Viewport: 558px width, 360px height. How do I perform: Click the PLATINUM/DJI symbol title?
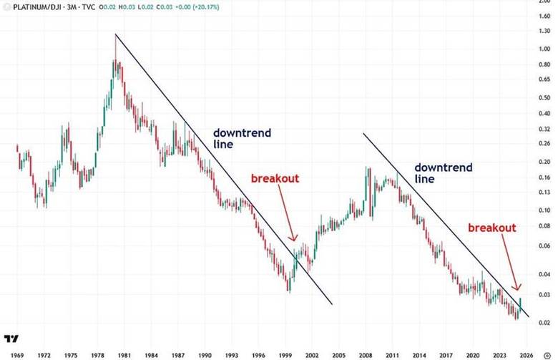44,6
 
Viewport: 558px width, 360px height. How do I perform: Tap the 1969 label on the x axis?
17,354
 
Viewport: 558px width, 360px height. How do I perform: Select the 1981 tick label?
123,354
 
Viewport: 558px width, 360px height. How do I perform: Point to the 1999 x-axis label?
285,354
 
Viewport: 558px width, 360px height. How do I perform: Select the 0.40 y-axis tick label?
545,114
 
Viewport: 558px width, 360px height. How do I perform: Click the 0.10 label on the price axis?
545,210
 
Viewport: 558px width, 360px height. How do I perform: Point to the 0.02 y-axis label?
545,323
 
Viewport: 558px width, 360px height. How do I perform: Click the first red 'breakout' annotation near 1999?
274,178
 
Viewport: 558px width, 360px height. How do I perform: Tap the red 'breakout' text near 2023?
491,227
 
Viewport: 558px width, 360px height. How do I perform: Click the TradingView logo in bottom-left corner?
11,339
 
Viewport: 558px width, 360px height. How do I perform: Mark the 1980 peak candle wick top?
115,34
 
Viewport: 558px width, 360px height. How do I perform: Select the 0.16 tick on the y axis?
545,177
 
